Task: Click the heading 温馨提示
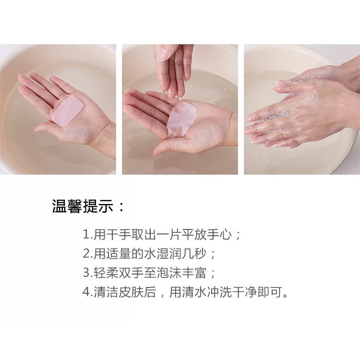click(83, 206)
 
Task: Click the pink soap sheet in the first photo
click(68, 111)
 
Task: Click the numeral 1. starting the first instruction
click(88, 235)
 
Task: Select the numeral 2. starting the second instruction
click(88, 254)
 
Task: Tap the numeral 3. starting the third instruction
click(88, 273)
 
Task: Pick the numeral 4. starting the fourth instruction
click(88, 292)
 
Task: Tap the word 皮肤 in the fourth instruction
click(132, 292)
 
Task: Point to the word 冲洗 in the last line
click(219, 292)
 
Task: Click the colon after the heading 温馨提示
click(121, 206)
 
